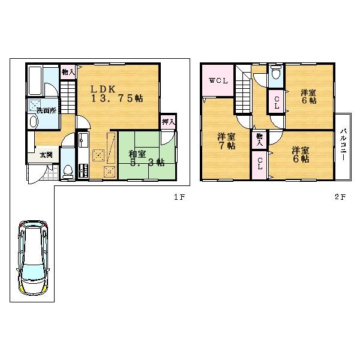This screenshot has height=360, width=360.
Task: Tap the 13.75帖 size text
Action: [x=116, y=100]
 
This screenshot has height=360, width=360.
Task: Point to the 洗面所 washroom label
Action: [x=46, y=110]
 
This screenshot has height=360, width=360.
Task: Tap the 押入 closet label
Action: [x=169, y=122]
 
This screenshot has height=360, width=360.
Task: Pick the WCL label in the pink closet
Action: [x=217, y=81]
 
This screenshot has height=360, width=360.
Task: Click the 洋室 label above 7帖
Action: [x=226, y=136]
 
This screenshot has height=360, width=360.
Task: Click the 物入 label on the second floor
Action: [x=259, y=139]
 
